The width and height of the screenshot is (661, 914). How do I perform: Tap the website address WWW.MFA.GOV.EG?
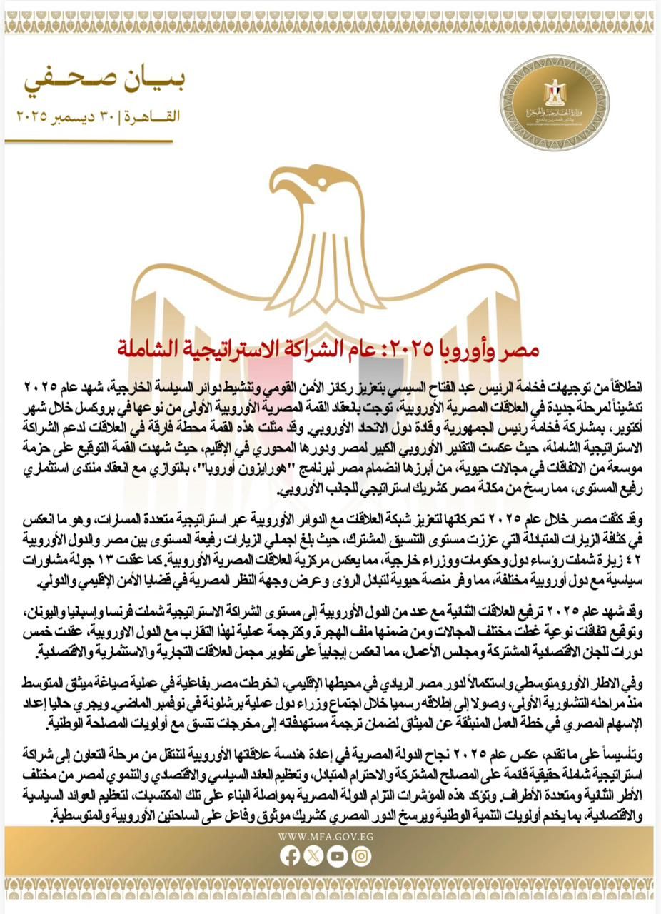(330, 837)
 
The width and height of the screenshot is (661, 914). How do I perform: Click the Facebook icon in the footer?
(289, 855)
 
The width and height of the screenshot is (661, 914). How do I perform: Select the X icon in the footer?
(313, 855)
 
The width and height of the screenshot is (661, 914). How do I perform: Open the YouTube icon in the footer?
(338, 855)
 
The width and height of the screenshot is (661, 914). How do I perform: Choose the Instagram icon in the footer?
(362, 855)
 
